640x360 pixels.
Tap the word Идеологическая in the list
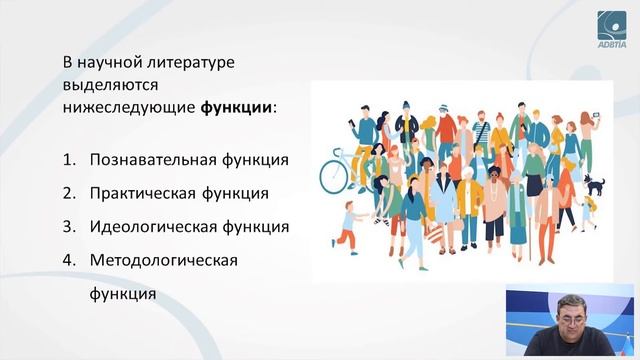pos(146,226)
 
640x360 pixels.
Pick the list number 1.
pos(68,159)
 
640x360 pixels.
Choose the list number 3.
pos(68,226)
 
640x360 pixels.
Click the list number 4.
pos(68,260)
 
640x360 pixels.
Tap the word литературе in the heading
pos(188,62)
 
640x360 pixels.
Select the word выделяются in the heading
pos(109,85)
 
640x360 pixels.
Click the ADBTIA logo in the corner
pos(612,27)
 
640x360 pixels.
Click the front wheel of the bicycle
pos(333,176)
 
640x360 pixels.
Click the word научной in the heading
pos(109,62)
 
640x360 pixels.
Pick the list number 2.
pos(68,192)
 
